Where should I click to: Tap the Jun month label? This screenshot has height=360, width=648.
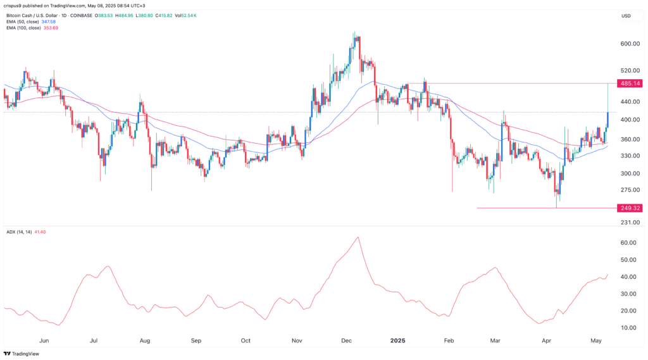click(x=44, y=340)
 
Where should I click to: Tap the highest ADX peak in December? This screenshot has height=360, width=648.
click(x=358, y=237)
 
